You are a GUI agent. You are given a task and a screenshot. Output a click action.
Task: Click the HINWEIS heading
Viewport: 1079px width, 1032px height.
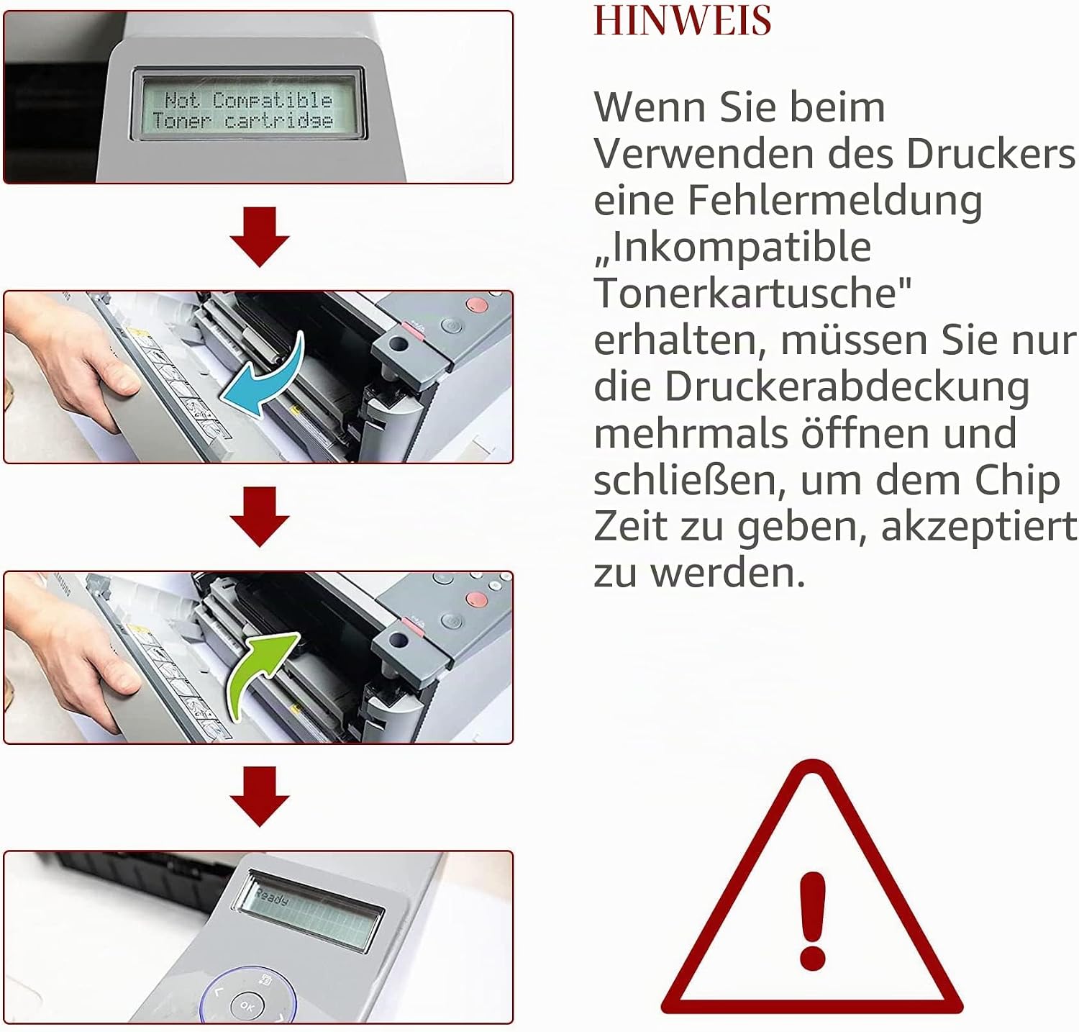682,20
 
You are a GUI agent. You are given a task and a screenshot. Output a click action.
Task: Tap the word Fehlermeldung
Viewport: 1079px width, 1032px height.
834,200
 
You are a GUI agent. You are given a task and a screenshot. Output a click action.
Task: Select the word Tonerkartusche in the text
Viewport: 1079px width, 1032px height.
752,294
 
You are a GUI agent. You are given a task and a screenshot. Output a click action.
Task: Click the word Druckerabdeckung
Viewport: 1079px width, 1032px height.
847,386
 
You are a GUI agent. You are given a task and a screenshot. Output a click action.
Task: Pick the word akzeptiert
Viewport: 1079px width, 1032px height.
979,528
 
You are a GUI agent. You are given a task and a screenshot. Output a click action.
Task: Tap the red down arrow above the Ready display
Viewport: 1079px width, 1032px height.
260,796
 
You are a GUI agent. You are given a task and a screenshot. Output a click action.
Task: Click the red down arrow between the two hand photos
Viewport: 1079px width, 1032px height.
260,516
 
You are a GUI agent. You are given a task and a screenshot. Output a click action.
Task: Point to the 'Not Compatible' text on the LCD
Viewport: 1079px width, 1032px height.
248,99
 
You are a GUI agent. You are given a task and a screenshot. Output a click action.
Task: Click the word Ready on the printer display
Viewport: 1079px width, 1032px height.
272,897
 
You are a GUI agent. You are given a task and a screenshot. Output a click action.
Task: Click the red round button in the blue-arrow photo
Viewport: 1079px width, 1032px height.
475,305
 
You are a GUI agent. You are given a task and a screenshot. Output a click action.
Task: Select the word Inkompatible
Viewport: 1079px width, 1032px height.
732,247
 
